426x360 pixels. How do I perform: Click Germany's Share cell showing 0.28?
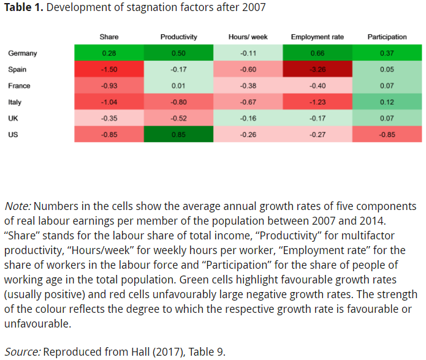[108, 53]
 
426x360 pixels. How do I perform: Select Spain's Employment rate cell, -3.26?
[318, 69]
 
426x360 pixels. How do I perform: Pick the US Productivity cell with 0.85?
[178, 134]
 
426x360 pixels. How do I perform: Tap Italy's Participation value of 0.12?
[387, 102]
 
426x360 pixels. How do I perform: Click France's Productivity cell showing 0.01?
[178, 86]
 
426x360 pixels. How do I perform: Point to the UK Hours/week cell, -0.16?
[248, 118]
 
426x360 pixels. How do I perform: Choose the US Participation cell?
[387, 134]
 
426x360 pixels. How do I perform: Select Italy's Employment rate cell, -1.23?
[318, 102]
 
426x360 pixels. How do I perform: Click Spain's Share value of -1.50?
[108, 69]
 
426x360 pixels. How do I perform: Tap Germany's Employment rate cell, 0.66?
[318, 53]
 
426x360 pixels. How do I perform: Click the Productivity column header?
[178, 37]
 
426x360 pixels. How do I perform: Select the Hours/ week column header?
[248, 37]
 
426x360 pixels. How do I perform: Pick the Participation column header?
[387, 37]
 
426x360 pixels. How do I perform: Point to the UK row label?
[13, 118]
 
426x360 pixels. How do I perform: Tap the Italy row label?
[15, 102]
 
